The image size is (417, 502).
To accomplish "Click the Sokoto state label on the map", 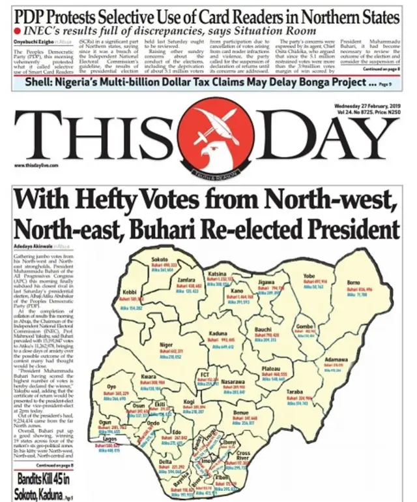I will tap(160, 259).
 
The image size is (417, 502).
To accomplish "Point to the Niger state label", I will tap(166, 344).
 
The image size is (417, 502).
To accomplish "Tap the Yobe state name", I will tap(309, 275).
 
